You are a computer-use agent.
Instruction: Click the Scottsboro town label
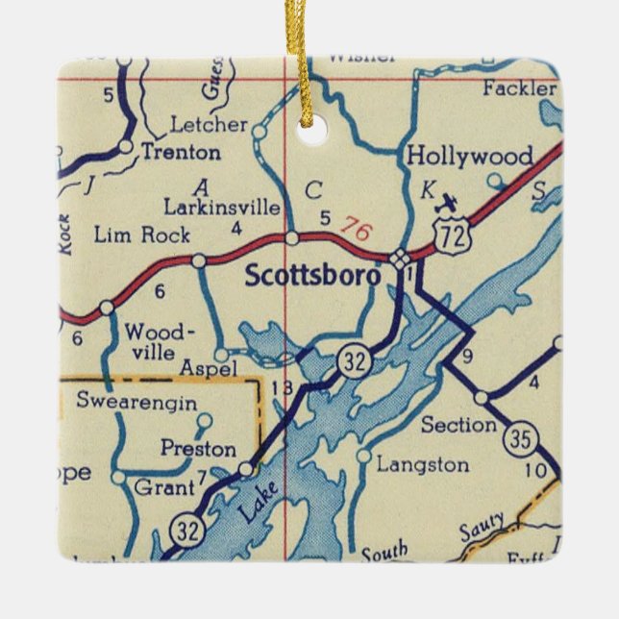(313, 275)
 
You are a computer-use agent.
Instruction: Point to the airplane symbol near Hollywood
(446, 201)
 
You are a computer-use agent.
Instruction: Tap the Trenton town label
(180, 151)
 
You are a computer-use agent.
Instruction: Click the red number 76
(355, 232)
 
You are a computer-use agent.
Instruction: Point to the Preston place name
(198, 449)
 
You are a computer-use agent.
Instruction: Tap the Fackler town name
(520, 89)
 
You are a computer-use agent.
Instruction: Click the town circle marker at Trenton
(127, 146)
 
